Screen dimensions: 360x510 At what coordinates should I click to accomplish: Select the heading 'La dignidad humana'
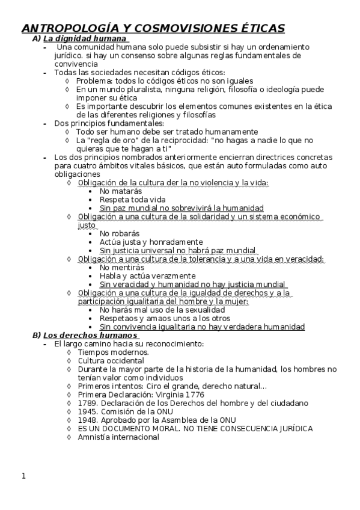[x=87, y=38]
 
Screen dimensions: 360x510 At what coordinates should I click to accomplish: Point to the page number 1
[x=23, y=477]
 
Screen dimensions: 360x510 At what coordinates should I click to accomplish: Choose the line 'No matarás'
[x=121, y=191]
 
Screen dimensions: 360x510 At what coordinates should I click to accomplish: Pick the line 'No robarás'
[x=120, y=233]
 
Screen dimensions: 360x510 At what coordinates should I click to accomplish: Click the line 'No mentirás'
[x=121, y=268]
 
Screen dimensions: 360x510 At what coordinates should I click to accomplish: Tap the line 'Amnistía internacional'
[x=118, y=437]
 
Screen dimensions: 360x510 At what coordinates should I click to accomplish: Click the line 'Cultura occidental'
[x=111, y=360]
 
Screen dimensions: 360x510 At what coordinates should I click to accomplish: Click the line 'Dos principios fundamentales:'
[x=100, y=123]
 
